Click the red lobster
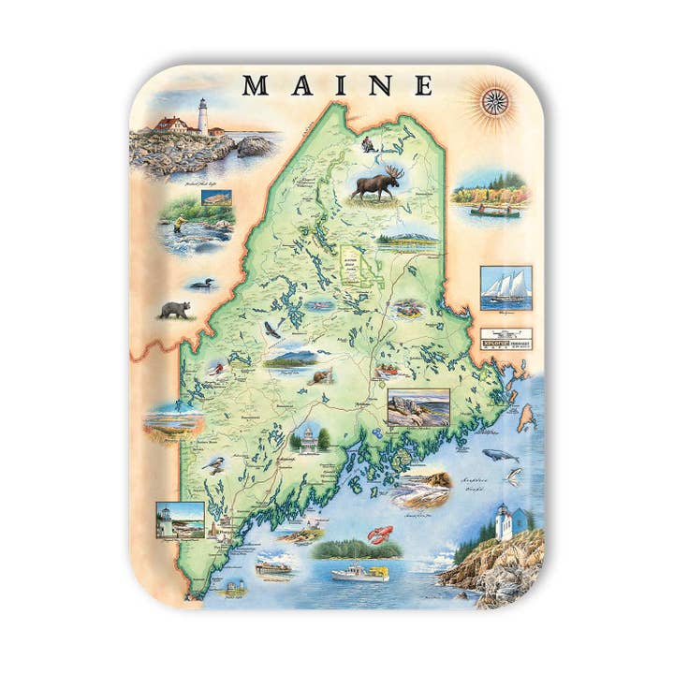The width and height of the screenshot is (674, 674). (x=384, y=536)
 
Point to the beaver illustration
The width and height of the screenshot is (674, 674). (x=321, y=377)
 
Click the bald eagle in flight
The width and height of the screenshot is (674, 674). (x=271, y=329)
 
